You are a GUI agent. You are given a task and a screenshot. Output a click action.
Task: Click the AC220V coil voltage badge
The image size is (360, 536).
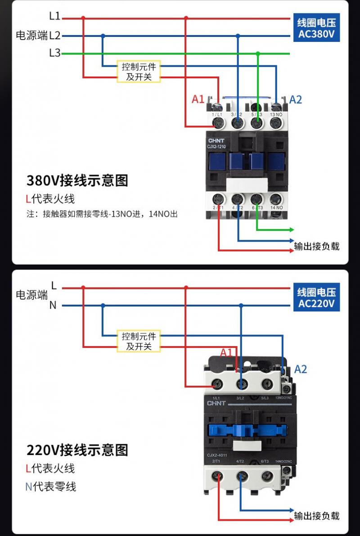[316, 297]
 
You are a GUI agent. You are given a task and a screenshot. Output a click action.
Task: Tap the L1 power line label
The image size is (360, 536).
[54, 16]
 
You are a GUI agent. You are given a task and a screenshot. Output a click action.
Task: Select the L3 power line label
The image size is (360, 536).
[54, 53]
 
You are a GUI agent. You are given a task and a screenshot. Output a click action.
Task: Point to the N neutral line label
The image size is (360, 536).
[53, 305]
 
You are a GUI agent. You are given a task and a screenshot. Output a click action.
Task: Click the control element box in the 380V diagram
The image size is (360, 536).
[139, 72]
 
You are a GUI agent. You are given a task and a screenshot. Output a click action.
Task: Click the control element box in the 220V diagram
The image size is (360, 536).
[139, 341]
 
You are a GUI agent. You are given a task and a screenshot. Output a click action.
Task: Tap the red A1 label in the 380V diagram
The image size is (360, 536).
[198, 99]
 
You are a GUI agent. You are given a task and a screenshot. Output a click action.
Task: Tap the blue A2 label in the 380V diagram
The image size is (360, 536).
[296, 99]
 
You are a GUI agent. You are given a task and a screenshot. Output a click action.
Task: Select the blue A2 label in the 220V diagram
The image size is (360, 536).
[301, 369]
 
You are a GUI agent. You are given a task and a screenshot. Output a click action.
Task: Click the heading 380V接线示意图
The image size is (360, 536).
[77, 180]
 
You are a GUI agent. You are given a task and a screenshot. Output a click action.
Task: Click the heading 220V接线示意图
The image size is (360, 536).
[77, 450]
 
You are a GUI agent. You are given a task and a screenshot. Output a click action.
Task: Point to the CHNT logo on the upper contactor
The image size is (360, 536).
[216, 140]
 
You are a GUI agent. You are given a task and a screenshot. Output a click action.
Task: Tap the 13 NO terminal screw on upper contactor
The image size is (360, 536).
[276, 122]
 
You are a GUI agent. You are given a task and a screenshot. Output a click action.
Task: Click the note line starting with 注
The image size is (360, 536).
[102, 214]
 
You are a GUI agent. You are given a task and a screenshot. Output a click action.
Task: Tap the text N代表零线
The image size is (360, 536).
[51, 486]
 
